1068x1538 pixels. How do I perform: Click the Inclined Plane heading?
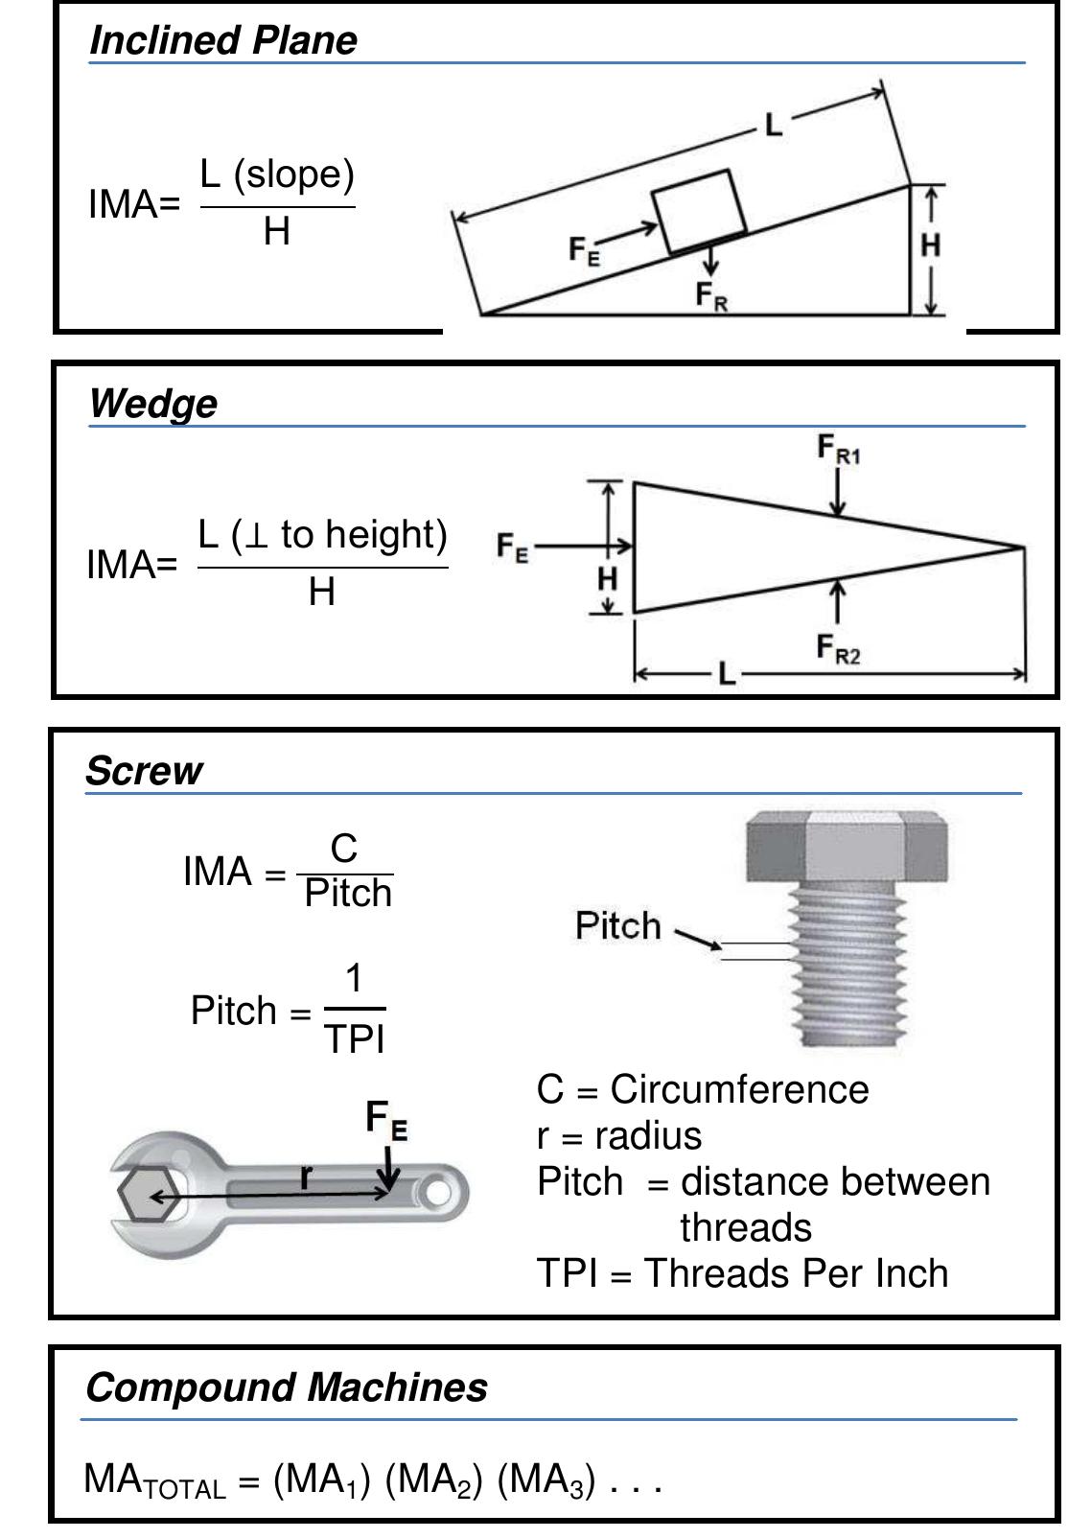pyautogui.click(x=222, y=40)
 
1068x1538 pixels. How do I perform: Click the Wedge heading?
pyautogui.click(x=152, y=404)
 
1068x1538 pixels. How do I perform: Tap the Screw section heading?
pyautogui.click(x=144, y=771)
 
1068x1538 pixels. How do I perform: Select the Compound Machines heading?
pyautogui.click(x=286, y=1387)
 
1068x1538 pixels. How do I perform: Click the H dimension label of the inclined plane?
pyautogui.click(x=930, y=246)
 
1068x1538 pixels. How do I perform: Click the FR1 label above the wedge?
pyautogui.click(x=838, y=449)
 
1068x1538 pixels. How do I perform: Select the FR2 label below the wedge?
pyautogui.click(x=838, y=650)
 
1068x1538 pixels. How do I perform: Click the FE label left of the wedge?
pyautogui.click(x=513, y=548)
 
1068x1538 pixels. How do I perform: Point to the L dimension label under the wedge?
pyautogui.click(x=727, y=674)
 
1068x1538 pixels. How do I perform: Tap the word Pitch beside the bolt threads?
pyautogui.click(x=618, y=926)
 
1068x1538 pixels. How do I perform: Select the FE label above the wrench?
pyautogui.click(x=386, y=1119)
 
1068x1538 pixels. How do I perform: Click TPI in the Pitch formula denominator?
pyautogui.click(x=355, y=1039)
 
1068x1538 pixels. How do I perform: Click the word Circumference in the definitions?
pyautogui.click(x=739, y=1090)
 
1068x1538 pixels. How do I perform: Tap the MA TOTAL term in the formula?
pyautogui.click(x=154, y=1480)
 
